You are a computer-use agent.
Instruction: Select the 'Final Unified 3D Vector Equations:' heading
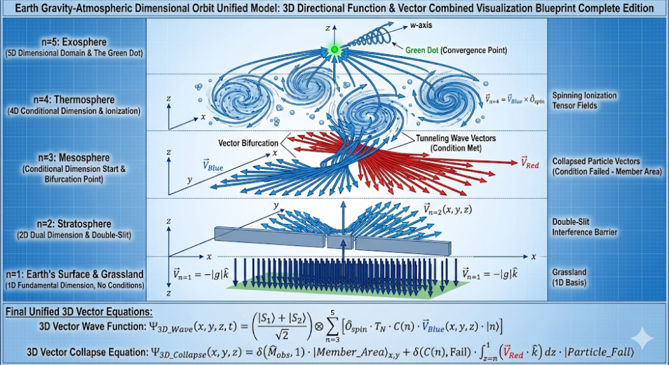(x=80, y=312)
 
